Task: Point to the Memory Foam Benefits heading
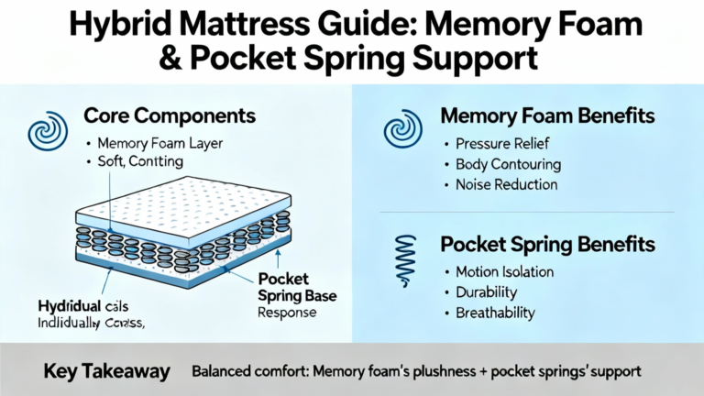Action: coord(547,116)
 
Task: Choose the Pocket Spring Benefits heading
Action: coord(547,245)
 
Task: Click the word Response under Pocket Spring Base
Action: coord(287,312)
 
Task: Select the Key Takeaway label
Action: coord(106,371)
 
